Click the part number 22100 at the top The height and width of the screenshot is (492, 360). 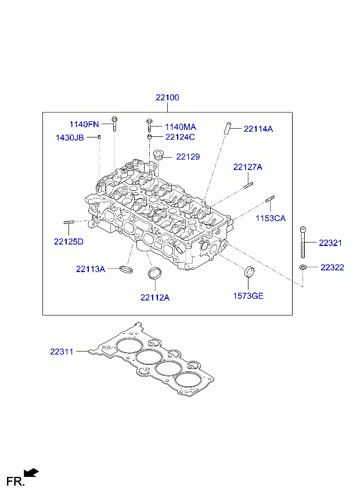pyautogui.click(x=167, y=97)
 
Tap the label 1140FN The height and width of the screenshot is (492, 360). pyautogui.click(x=84, y=124)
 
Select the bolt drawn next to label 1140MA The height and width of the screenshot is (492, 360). pyautogui.click(x=149, y=125)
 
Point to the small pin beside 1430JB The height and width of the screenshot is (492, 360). pyautogui.click(x=100, y=137)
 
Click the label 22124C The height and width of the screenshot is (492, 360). pyautogui.click(x=180, y=137)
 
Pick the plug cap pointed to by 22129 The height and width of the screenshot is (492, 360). pyautogui.click(x=159, y=155)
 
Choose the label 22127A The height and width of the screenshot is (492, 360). pyautogui.click(x=247, y=167)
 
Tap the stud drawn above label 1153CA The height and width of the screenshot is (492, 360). pyautogui.click(x=270, y=199)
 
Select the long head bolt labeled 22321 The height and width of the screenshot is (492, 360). pyautogui.click(x=303, y=242)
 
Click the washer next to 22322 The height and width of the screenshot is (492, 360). pyautogui.click(x=303, y=267)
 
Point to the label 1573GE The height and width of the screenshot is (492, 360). pyautogui.click(x=248, y=296)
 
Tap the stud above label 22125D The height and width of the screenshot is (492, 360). pyautogui.click(x=69, y=222)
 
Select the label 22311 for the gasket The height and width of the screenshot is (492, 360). pyautogui.click(x=62, y=352)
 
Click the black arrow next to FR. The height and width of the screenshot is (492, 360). pyautogui.click(x=31, y=472)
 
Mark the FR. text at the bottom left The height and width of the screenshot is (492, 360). pyautogui.click(x=16, y=481)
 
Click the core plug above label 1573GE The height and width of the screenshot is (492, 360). pyautogui.click(x=250, y=272)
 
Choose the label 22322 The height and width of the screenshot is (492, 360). pyautogui.click(x=332, y=267)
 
